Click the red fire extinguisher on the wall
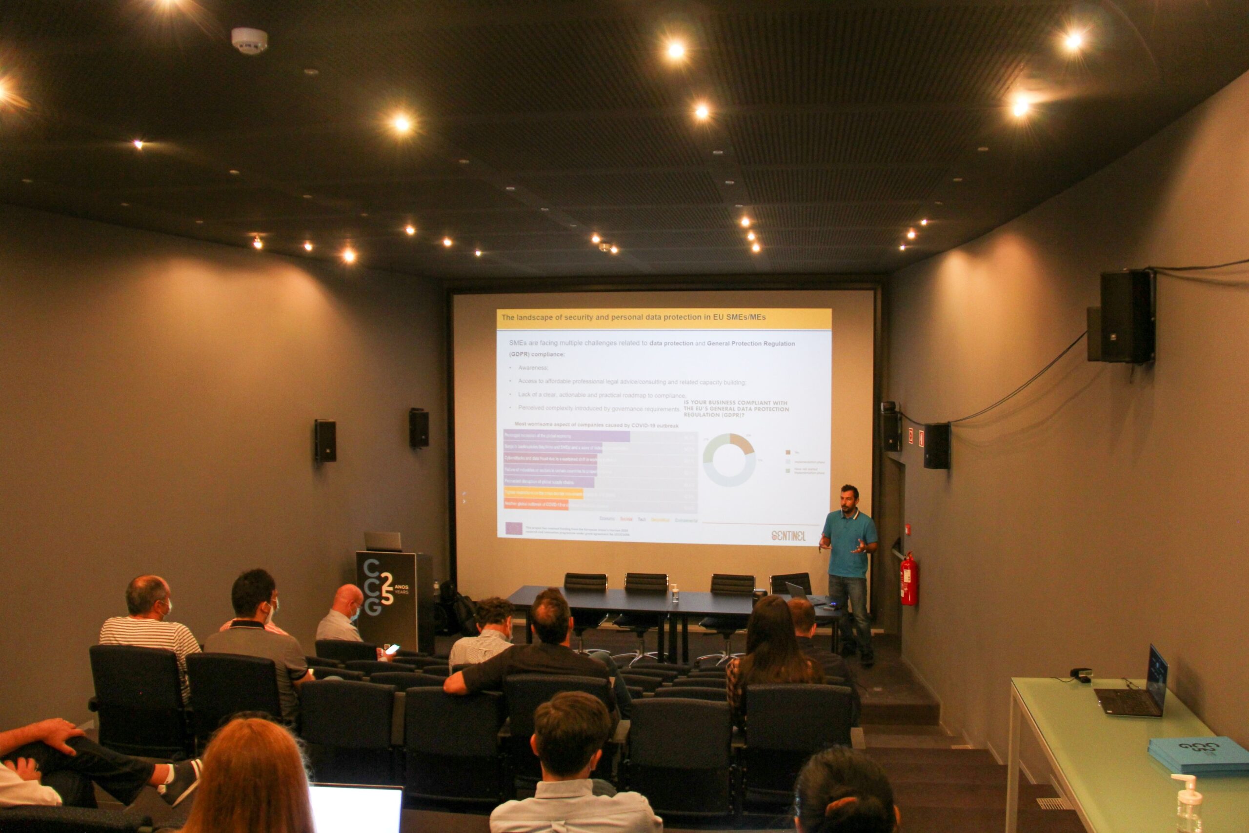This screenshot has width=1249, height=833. click(x=908, y=580)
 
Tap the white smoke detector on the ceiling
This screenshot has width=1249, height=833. click(x=249, y=41)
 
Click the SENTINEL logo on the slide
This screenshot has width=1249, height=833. click(x=788, y=535)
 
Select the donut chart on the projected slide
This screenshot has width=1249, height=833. click(x=729, y=460)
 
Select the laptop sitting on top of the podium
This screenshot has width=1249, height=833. click(x=383, y=542)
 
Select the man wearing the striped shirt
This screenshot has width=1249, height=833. click(x=150, y=632)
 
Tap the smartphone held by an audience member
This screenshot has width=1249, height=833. click(x=392, y=649)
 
